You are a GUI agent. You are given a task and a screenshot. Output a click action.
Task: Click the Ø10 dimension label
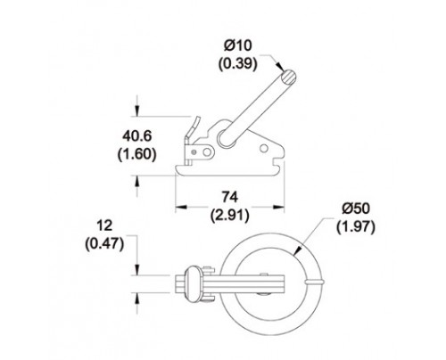[238, 45]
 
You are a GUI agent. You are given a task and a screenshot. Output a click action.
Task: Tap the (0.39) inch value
[238, 63]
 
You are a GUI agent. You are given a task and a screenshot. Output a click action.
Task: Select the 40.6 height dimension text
[137, 136]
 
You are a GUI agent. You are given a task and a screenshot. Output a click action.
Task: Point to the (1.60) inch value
[137, 154]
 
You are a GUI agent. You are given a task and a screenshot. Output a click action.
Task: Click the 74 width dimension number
[230, 197]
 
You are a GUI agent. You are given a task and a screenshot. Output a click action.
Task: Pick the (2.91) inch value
[230, 216]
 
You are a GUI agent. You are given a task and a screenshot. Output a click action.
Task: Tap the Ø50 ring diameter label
[356, 209]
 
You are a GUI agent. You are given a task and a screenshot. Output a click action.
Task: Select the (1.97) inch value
[356, 227]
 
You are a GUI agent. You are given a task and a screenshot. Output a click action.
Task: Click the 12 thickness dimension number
[105, 225]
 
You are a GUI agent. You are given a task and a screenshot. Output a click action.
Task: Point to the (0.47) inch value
[104, 244]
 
